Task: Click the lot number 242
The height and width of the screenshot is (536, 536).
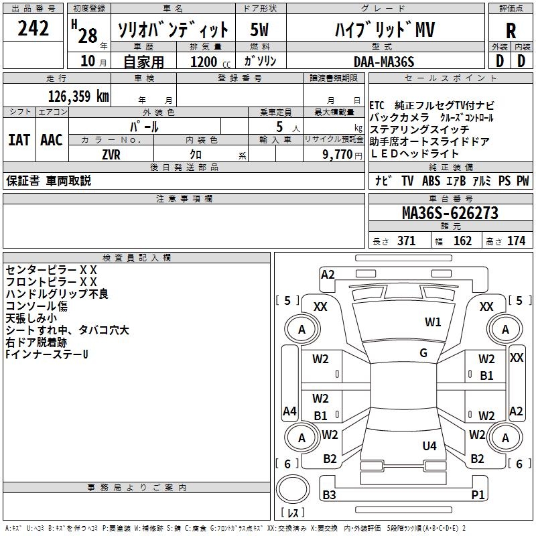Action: click(33, 28)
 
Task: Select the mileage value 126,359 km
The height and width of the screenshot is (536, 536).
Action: click(78, 96)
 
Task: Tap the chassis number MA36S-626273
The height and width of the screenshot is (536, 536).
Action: click(450, 213)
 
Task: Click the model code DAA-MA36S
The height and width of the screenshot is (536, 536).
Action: click(384, 62)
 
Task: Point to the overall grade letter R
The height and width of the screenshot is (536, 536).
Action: click(511, 31)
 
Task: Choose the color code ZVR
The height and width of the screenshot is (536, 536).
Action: click(111, 154)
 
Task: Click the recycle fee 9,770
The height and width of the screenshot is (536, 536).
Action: click(338, 154)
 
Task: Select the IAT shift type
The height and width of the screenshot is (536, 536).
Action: click(19, 140)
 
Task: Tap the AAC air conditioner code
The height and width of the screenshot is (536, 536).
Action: click(52, 140)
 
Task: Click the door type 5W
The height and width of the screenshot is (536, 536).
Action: click(260, 30)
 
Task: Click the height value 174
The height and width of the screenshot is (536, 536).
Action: click(516, 241)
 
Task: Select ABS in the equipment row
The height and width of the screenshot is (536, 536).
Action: click(431, 181)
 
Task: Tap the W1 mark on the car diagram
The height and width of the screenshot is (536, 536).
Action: click(433, 322)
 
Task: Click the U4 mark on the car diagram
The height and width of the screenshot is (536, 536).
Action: click(429, 446)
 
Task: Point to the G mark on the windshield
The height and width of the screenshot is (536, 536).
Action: click(423, 353)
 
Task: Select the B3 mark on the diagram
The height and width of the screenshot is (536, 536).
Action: click(329, 495)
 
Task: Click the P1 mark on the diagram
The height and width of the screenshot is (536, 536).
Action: click(478, 495)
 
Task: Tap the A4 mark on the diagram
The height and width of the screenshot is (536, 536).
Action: click(289, 411)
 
